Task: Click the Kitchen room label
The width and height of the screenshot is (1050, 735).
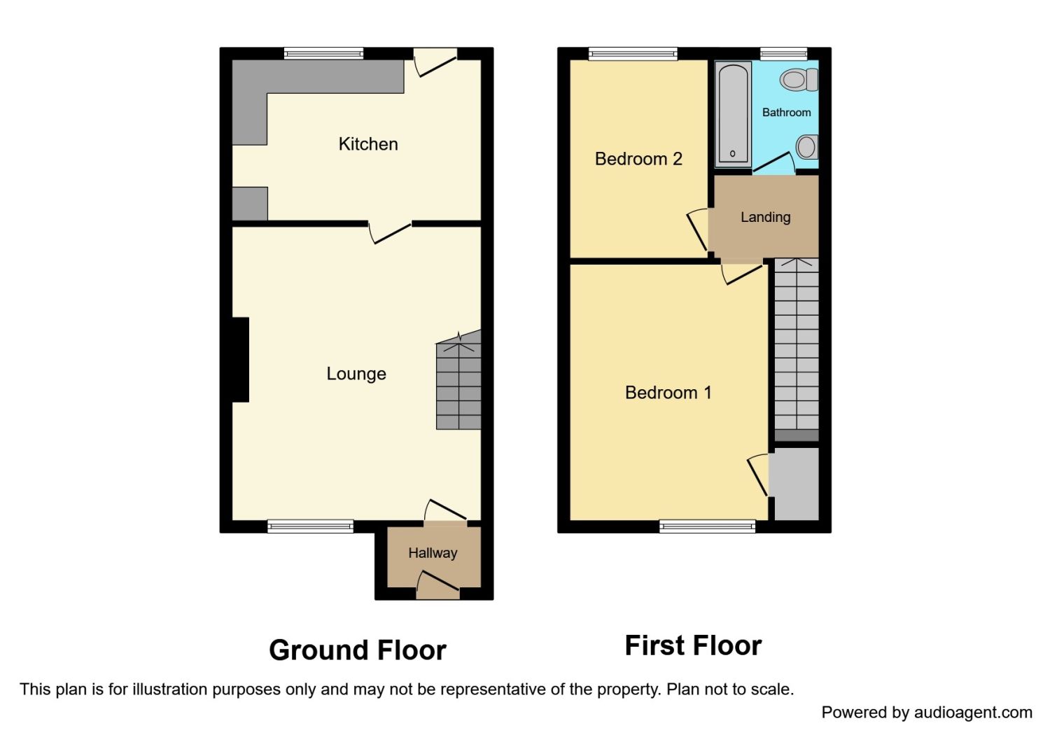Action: pos(368,144)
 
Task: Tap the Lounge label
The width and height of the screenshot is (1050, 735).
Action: pos(356,374)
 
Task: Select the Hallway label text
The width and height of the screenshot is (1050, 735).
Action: pos(433,554)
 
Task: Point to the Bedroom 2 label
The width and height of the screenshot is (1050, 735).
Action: pos(638,159)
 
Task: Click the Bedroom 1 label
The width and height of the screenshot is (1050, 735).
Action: pos(668,392)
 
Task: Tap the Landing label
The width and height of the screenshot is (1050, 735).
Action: pos(766,217)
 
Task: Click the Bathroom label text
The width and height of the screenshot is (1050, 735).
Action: pos(786,113)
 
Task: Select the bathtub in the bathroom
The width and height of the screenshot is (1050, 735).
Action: pos(733,114)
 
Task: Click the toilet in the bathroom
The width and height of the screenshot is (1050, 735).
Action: pos(799,80)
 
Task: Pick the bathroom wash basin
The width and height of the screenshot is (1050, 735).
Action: pos(807,147)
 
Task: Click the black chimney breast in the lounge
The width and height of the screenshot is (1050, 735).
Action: pos(241,360)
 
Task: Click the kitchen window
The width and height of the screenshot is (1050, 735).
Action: pos(323,53)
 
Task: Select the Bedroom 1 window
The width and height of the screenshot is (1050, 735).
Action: pos(707,526)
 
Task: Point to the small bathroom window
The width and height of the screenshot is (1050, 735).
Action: pos(784,53)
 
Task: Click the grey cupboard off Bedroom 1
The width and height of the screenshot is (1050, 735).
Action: pos(797,484)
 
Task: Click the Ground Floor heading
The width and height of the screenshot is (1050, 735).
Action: pos(358,650)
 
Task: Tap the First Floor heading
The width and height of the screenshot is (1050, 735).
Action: pos(693,645)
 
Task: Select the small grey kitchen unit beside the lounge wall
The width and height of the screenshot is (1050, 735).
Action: pos(250,204)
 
